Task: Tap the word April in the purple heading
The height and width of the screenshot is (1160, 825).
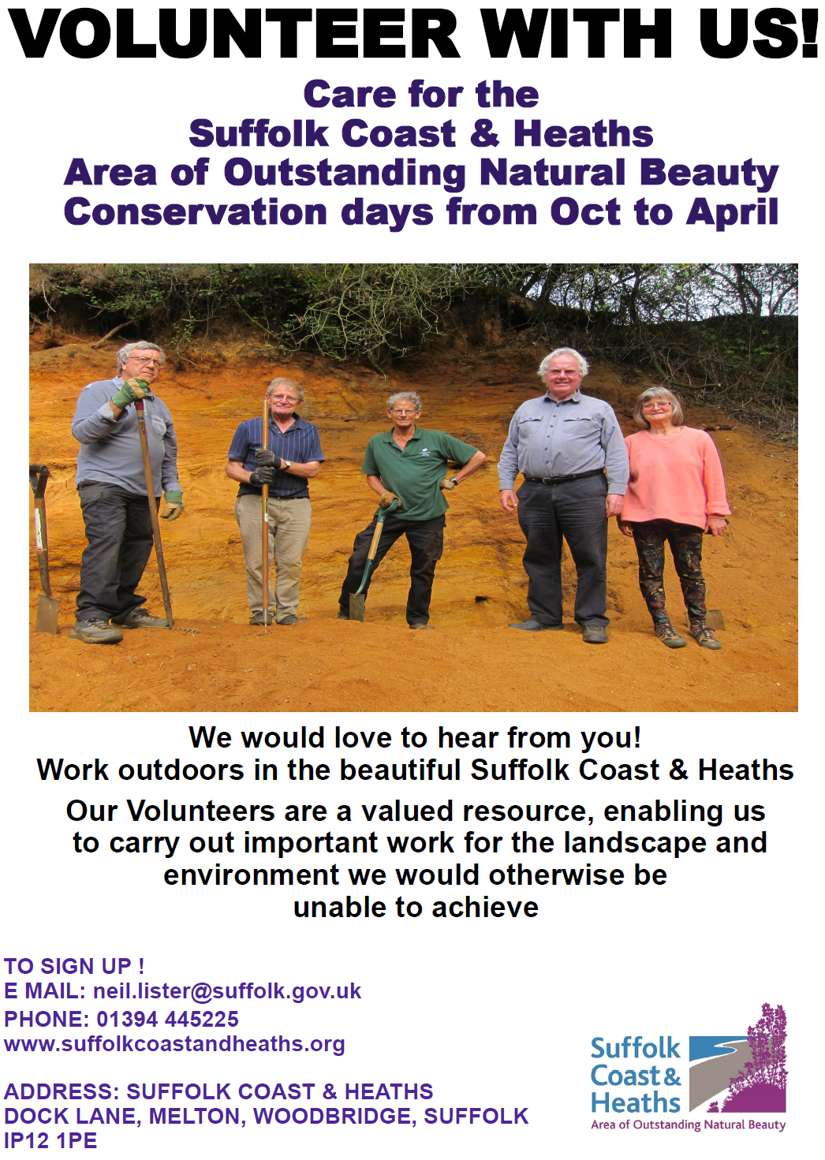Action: pyautogui.click(x=732, y=212)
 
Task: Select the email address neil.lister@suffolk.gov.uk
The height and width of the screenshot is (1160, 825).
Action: pyautogui.click(x=227, y=991)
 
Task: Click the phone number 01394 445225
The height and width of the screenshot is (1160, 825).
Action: pyautogui.click(x=167, y=1019)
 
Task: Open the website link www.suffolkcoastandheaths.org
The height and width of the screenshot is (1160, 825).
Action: pyautogui.click(x=174, y=1044)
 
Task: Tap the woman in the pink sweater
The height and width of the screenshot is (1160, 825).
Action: pyautogui.click(x=673, y=497)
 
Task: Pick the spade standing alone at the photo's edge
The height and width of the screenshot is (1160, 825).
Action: pyautogui.click(x=44, y=552)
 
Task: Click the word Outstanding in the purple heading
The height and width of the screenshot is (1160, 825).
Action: pyautogui.click(x=345, y=173)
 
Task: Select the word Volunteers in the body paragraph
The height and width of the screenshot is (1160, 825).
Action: pyautogui.click(x=200, y=811)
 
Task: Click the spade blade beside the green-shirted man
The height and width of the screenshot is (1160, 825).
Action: pyautogui.click(x=357, y=606)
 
